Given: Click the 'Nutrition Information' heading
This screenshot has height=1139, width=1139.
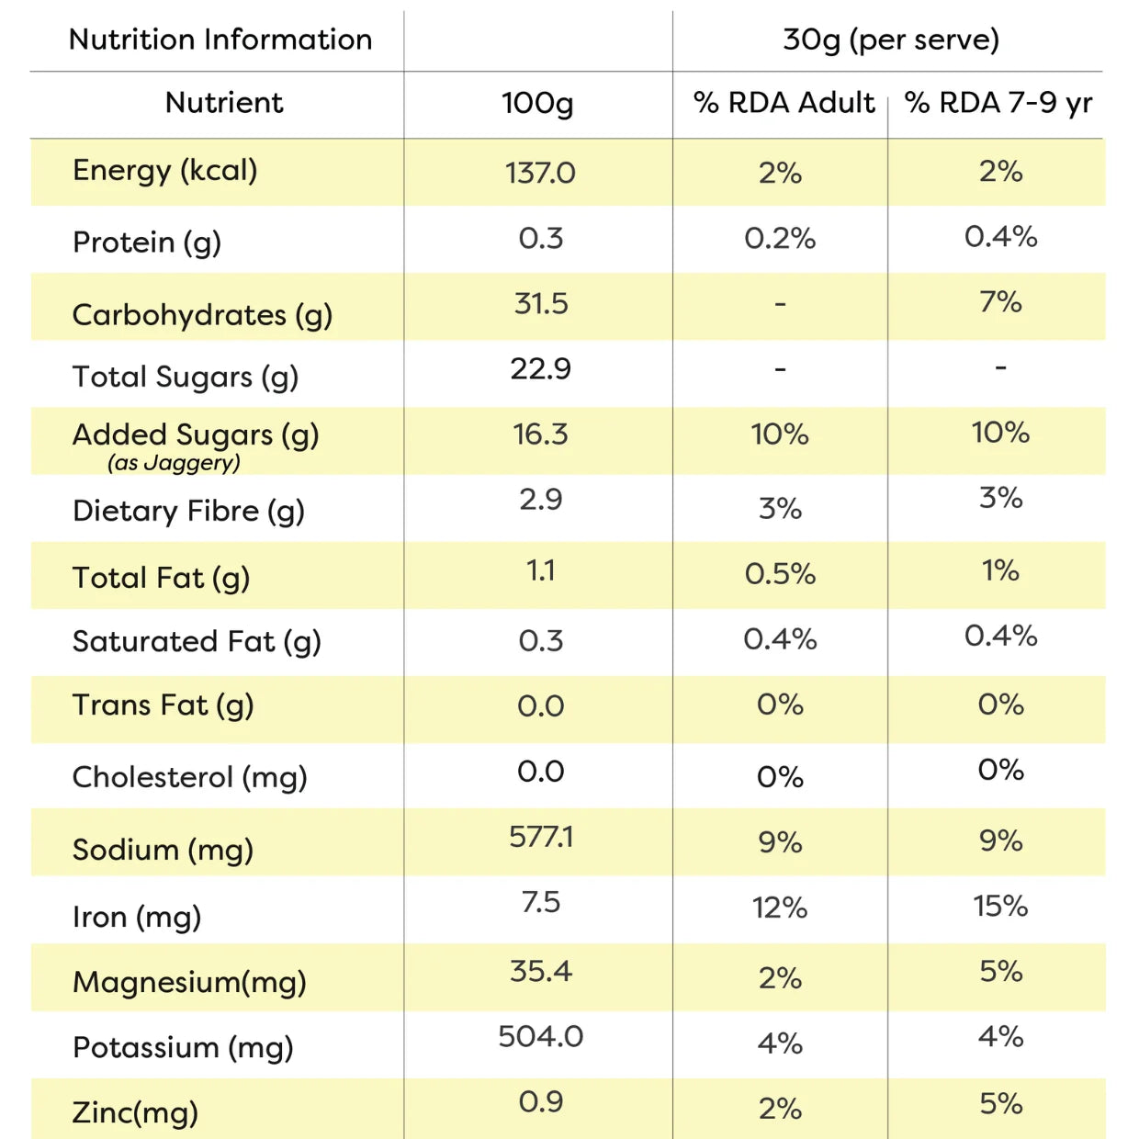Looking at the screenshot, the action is point(220,39).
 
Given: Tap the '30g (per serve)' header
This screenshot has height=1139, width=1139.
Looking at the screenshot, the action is point(891,40).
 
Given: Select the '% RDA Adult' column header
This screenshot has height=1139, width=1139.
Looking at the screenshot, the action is point(784,102).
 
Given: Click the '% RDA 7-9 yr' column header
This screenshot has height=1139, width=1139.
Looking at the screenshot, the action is point(998,104).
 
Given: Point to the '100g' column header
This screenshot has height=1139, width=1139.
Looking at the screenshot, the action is point(537,104).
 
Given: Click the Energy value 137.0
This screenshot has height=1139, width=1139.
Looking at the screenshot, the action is point(540,174).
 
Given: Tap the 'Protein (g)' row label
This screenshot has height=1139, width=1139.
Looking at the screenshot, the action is point(147,242).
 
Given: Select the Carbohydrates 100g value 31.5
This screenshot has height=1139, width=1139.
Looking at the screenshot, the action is point(541,303).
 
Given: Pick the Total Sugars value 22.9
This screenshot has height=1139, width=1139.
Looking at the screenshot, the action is point(541,369).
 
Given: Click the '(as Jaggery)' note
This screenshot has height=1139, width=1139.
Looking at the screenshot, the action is point(174,462).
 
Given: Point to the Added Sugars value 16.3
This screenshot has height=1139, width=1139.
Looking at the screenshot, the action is point(540,434).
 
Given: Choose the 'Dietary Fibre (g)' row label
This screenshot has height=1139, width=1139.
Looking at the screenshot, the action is point(188,512).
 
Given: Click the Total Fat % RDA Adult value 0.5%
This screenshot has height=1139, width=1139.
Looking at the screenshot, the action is point(780,573).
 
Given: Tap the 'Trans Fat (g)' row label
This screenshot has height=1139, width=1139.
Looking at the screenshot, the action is point(164,705).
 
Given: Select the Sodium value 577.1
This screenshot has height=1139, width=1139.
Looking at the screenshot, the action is point(541,837).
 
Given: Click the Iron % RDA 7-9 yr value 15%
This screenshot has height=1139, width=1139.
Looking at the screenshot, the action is point(1000,906).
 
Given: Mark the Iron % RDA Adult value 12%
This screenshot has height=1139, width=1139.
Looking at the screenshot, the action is point(780,908).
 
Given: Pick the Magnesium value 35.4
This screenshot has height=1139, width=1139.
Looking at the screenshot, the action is point(541,971).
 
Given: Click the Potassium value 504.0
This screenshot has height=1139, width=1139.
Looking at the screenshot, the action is point(541,1036).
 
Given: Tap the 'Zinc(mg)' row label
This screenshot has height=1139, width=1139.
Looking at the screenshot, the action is point(135,1112).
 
